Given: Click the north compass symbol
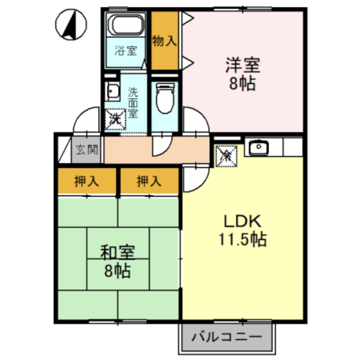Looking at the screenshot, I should [72, 25].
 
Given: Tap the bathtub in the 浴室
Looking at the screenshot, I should [126, 25].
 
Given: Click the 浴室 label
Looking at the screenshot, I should [125, 50].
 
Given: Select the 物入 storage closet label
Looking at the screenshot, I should [164, 41].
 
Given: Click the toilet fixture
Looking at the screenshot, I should [164, 97].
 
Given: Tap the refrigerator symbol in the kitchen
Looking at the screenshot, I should [226, 156].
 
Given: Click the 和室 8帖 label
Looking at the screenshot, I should [118, 261].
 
